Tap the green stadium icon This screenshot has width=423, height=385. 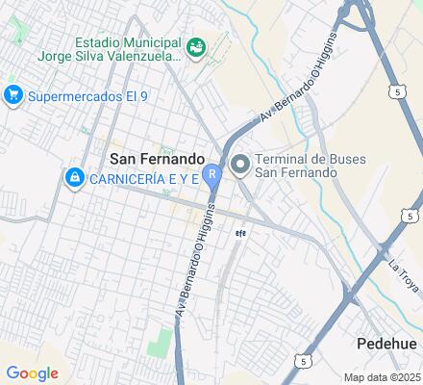(195, 46)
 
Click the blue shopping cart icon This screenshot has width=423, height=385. (13, 94)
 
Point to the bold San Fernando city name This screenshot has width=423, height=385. (157, 158)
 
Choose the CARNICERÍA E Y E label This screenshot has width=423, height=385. (142, 178)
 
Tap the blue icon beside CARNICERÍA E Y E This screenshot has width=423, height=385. (73, 178)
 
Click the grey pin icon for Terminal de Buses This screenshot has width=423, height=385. (240, 165)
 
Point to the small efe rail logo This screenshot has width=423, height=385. (241, 232)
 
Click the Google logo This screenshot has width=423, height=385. (31, 373)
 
